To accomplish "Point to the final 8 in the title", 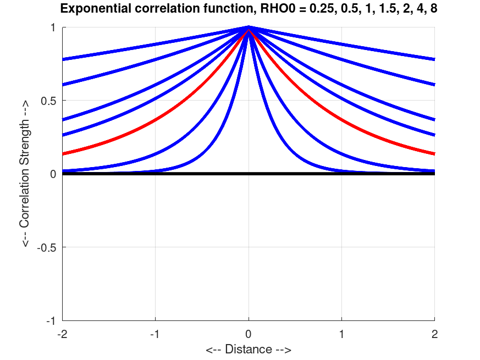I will point(433,9).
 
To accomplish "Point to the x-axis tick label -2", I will point(62,333).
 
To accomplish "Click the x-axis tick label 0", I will point(249,333).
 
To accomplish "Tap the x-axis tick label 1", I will point(341,333).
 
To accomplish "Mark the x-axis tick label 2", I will point(435,333).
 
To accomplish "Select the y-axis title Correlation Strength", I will point(26,174).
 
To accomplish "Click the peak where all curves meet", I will point(249,27).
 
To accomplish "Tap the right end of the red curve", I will point(434,154).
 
